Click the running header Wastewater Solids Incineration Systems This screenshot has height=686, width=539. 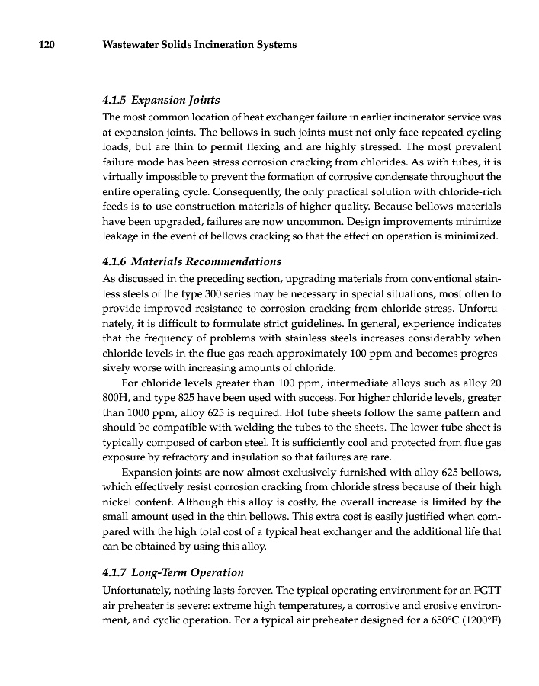coord(199,45)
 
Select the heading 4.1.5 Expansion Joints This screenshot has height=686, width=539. coord(161,100)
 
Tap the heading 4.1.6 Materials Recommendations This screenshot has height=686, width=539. coord(191,261)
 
